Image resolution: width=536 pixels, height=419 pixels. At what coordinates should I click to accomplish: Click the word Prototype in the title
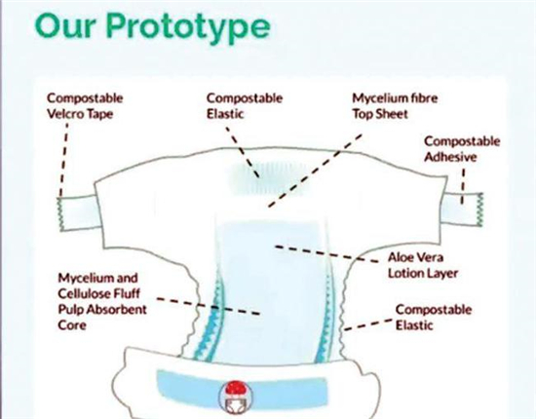pyautogui.click(x=188, y=27)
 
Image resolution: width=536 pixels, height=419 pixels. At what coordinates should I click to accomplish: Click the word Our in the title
pyautogui.click(x=65, y=26)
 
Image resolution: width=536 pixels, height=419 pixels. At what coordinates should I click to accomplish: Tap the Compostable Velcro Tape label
pyautogui.click(x=85, y=106)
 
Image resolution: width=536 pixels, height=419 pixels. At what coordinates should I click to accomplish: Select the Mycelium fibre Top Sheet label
pyautogui.click(x=395, y=106)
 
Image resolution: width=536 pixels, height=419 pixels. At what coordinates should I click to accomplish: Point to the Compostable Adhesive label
pyautogui.click(x=462, y=149)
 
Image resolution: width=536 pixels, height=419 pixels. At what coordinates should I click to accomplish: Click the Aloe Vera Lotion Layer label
pyautogui.click(x=423, y=265)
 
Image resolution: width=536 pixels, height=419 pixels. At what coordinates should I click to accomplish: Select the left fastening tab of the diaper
pyautogui.click(x=79, y=212)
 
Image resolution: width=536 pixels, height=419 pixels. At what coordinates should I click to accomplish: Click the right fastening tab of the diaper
pyautogui.click(x=463, y=209)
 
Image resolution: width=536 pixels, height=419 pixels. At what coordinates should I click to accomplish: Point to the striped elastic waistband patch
pyautogui.click(x=267, y=178)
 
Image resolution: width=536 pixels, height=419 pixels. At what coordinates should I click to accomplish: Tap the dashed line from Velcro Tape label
pyautogui.click(x=64, y=160)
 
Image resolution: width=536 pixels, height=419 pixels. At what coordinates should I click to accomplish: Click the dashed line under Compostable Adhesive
pyautogui.click(x=463, y=186)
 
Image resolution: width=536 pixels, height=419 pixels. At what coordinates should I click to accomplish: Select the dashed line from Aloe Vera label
pyautogui.click(x=326, y=254)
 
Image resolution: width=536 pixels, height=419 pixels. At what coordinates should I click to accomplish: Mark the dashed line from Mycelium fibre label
pyautogui.click(x=315, y=171)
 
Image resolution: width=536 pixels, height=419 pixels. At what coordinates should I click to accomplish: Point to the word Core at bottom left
pyautogui.click(x=72, y=325)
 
